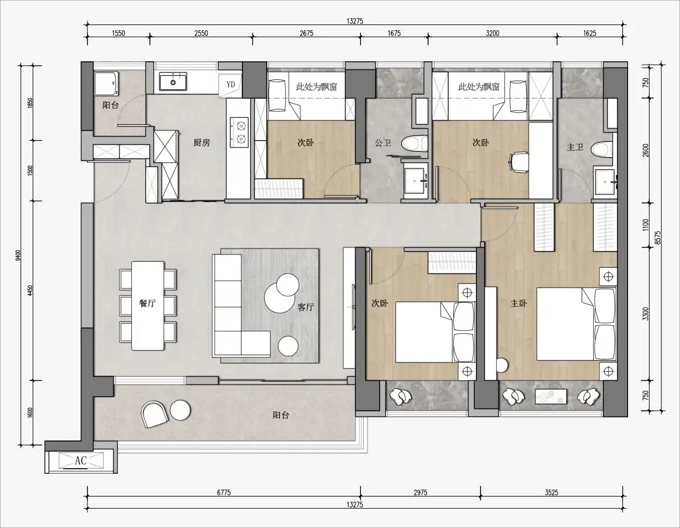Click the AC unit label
pyautogui.click(x=80, y=460)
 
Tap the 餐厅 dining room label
pyautogui.click(x=148, y=303)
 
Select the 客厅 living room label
pyautogui.click(x=306, y=307)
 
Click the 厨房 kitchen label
pyautogui.click(x=202, y=142)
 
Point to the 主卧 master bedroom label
pyautogui.click(x=518, y=303)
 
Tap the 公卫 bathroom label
pyautogui.click(x=383, y=142)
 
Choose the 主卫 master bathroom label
pyautogui.click(x=575, y=148)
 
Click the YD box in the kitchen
pyautogui.click(x=231, y=84)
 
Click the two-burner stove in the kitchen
pyautogui.click(x=239, y=131)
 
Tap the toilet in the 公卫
pyautogui.click(x=415, y=143)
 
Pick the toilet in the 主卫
pyautogui.click(x=604, y=148)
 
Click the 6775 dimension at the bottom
pyautogui.click(x=224, y=492)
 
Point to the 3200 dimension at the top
pyautogui.click(x=493, y=33)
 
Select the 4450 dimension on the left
pyautogui.click(x=30, y=291)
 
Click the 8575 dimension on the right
pyautogui.click(x=657, y=238)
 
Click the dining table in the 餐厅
pyautogui.click(x=148, y=306)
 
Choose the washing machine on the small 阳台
pyautogui.click(x=105, y=84)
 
